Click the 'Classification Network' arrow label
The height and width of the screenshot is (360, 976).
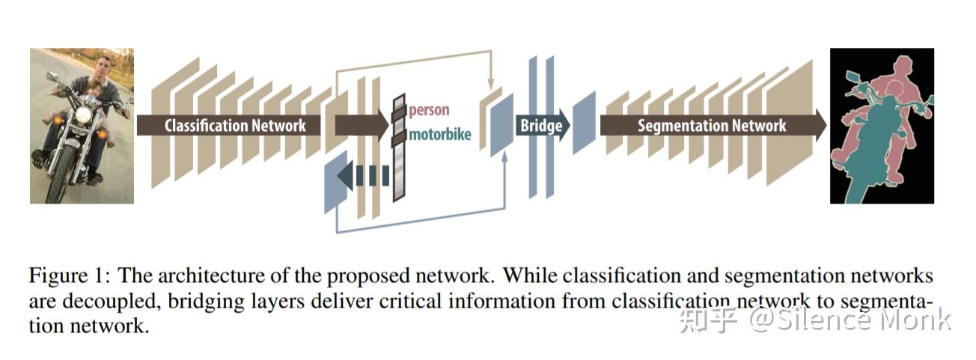tap(235, 125)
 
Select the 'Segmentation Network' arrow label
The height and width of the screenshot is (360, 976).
tap(711, 125)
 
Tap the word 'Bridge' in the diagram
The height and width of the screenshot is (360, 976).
tap(541, 125)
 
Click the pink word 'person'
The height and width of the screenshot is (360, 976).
tap(429, 110)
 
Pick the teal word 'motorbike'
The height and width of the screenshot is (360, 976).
tap(439, 135)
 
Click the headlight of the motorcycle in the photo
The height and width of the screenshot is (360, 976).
tap(82, 116)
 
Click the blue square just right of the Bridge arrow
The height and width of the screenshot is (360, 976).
tap(584, 123)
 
